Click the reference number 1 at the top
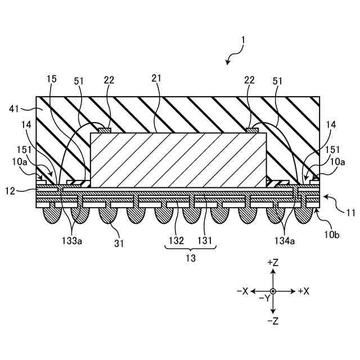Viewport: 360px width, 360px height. (x=242, y=40)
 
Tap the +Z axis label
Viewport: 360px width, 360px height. (x=273, y=263)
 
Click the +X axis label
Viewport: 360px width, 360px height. (x=304, y=291)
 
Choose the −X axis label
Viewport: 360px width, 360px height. (x=242, y=291)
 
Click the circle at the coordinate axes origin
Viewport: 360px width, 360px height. (x=273, y=291)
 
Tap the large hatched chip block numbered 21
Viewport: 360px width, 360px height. (x=178, y=160)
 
